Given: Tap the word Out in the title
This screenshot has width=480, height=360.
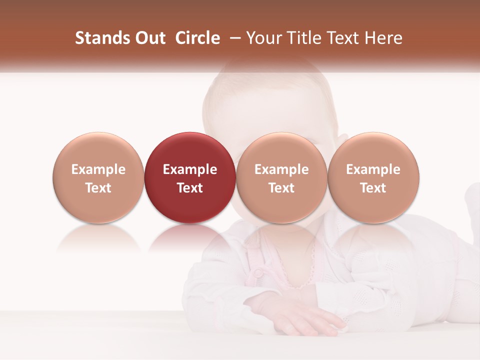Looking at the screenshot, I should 148,38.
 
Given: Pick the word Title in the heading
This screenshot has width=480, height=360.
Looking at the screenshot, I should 303,38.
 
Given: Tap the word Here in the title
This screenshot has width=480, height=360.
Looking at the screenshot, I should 383,38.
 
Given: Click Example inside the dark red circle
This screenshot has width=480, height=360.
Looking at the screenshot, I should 190,169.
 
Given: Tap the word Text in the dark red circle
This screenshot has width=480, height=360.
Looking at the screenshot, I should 190,188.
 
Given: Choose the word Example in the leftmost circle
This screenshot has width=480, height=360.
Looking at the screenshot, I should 98,169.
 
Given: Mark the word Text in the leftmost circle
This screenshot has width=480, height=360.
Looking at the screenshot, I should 98,188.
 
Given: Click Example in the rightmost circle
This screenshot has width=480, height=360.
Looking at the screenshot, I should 373,169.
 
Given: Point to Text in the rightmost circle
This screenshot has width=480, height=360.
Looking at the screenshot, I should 373,188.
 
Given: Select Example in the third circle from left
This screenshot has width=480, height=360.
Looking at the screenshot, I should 281,169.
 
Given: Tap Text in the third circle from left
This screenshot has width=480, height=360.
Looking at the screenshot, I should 281,188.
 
